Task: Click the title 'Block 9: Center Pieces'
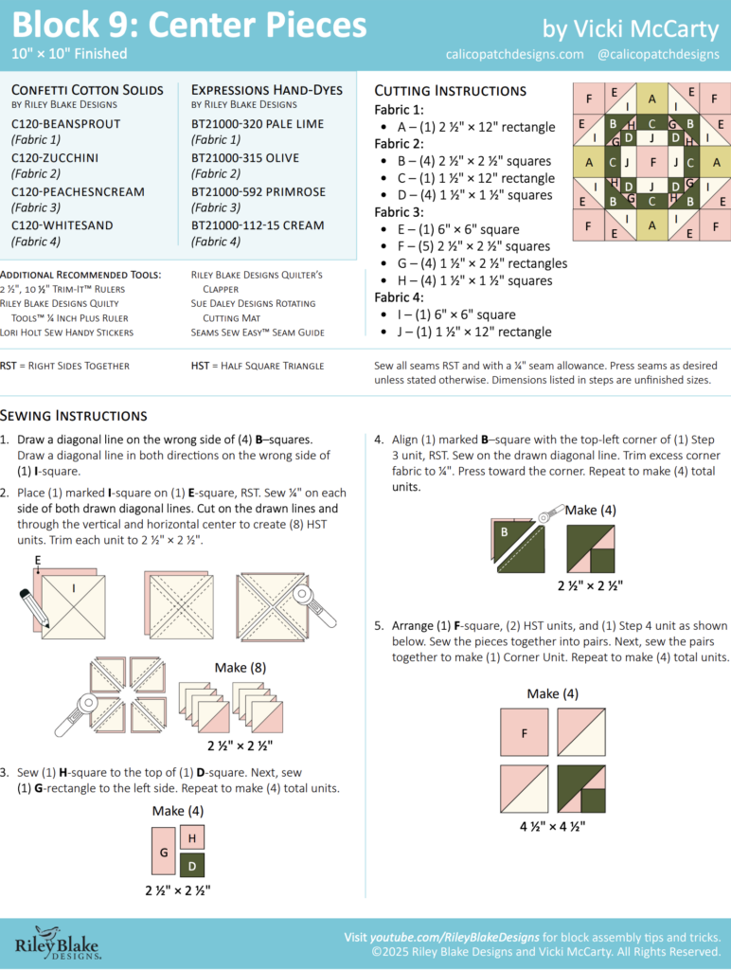(189, 23)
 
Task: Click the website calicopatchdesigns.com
(514, 54)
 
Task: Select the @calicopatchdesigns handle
(658, 54)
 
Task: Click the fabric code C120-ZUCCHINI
(55, 157)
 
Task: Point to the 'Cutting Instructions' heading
(451, 91)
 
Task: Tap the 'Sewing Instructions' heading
(74, 415)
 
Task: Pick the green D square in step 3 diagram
(191, 864)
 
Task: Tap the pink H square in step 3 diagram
(191, 837)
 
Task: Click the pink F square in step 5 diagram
(524, 733)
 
